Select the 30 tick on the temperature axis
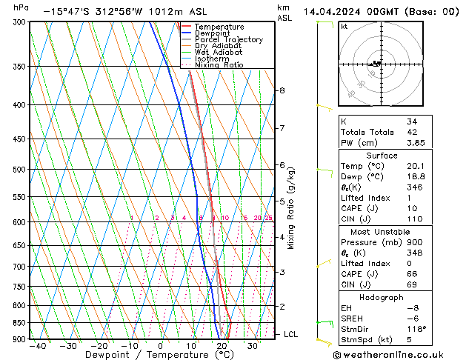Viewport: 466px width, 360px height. coord(253,346)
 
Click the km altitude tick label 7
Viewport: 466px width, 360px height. coord(282,128)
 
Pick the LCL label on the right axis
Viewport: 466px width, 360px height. coord(290,334)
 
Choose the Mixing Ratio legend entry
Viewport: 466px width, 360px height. coord(219,64)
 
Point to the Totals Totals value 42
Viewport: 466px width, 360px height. coord(412,132)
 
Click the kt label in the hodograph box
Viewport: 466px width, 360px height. coord(344,27)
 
